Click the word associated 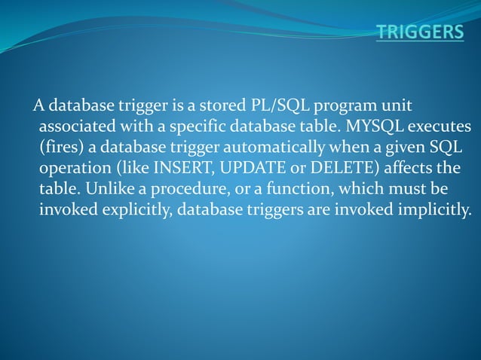78,124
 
